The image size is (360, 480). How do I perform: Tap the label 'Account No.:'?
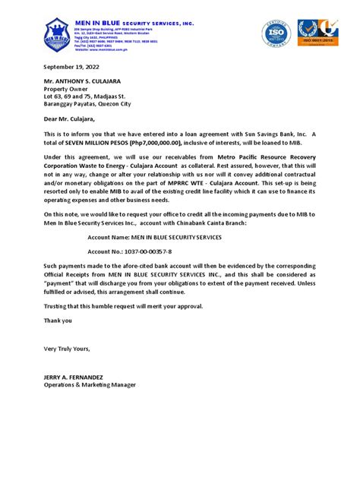click(x=107, y=250)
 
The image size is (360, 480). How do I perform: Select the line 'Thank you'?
click(x=58, y=320)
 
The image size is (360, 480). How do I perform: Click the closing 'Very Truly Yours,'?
click(x=67, y=349)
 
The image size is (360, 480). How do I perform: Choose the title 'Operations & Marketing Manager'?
click(x=90, y=385)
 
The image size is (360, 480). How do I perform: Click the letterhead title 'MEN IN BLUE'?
click(x=98, y=24)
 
